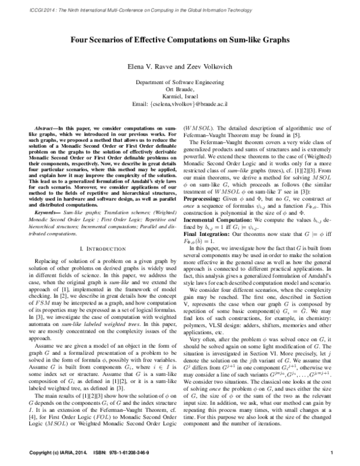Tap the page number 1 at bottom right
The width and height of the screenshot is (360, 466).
[332, 450]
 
